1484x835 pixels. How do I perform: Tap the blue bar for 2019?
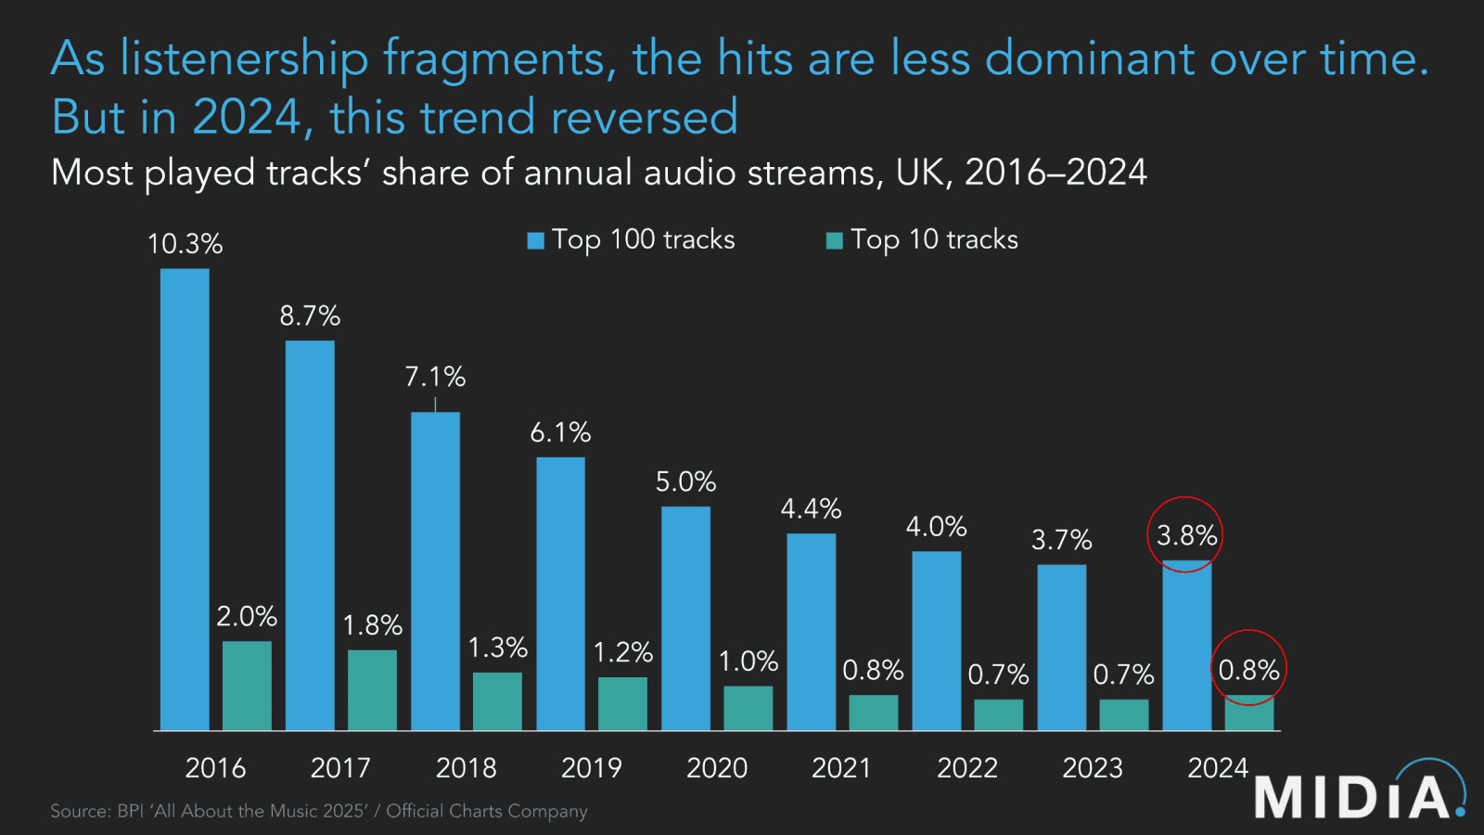click(x=560, y=594)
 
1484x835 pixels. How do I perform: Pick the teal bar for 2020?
click(x=748, y=708)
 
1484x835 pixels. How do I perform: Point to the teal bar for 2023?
click(x=1123, y=714)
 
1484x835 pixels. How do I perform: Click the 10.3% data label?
click(x=185, y=244)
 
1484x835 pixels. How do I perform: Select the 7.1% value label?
click(x=435, y=377)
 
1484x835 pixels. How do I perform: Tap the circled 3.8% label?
click(x=1185, y=535)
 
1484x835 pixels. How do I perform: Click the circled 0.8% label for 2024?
click(x=1248, y=669)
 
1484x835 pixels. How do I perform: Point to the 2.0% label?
click(x=247, y=616)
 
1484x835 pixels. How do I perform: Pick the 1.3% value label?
click(x=497, y=647)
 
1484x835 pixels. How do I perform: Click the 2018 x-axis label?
click(x=466, y=768)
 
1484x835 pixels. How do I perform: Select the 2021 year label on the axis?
click(x=841, y=768)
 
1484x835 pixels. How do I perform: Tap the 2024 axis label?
click(x=1218, y=768)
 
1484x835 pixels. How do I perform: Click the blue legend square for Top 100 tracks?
click(x=535, y=240)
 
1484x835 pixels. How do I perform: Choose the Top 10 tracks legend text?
click(x=934, y=239)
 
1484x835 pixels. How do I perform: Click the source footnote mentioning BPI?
click(x=318, y=811)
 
